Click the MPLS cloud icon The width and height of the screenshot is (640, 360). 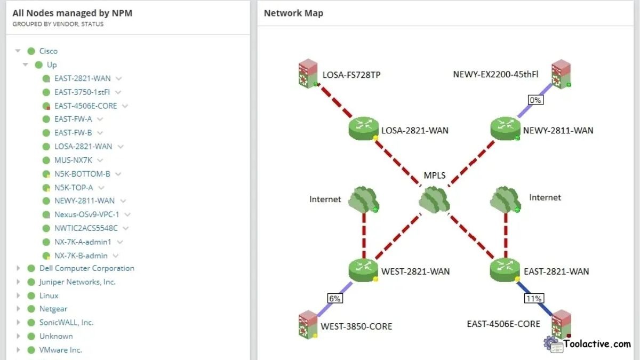434,199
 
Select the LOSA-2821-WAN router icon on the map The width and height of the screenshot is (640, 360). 363,129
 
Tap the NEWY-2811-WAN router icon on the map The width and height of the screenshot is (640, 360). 505,129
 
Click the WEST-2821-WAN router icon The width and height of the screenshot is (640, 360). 363,270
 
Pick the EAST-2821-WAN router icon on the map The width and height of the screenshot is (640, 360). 505,270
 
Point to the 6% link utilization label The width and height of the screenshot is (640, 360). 334,299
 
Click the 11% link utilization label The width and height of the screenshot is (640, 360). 534,299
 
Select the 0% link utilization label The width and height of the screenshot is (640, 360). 535,100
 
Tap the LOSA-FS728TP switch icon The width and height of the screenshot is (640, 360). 308,74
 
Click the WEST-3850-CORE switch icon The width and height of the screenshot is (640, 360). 308,325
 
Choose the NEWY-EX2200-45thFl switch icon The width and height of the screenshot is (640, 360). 561,74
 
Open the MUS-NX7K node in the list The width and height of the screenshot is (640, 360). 74,160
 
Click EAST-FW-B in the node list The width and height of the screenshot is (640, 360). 73,133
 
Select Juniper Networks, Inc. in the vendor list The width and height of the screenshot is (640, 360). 77,282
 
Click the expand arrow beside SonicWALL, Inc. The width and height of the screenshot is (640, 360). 18,323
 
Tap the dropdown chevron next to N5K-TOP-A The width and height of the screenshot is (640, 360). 101,188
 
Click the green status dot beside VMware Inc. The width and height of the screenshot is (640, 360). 31,350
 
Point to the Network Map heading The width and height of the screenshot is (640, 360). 293,13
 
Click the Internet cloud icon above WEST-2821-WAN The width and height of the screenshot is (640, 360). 363,199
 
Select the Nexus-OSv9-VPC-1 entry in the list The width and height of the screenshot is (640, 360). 86,214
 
